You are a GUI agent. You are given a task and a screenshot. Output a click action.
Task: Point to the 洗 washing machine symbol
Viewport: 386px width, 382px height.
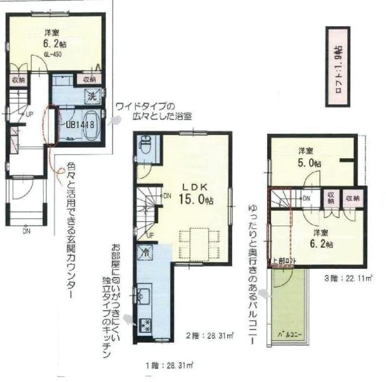coord(91,98)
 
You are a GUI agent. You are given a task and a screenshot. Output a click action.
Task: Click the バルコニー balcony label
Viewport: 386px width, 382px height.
coord(290,335)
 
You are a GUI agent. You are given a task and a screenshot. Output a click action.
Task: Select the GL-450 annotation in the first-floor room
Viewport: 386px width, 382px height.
coord(53,54)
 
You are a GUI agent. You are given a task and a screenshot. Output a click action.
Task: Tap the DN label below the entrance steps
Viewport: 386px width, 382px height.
coord(26,232)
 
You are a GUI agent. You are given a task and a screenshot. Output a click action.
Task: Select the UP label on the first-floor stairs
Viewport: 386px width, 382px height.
coord(29,114)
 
